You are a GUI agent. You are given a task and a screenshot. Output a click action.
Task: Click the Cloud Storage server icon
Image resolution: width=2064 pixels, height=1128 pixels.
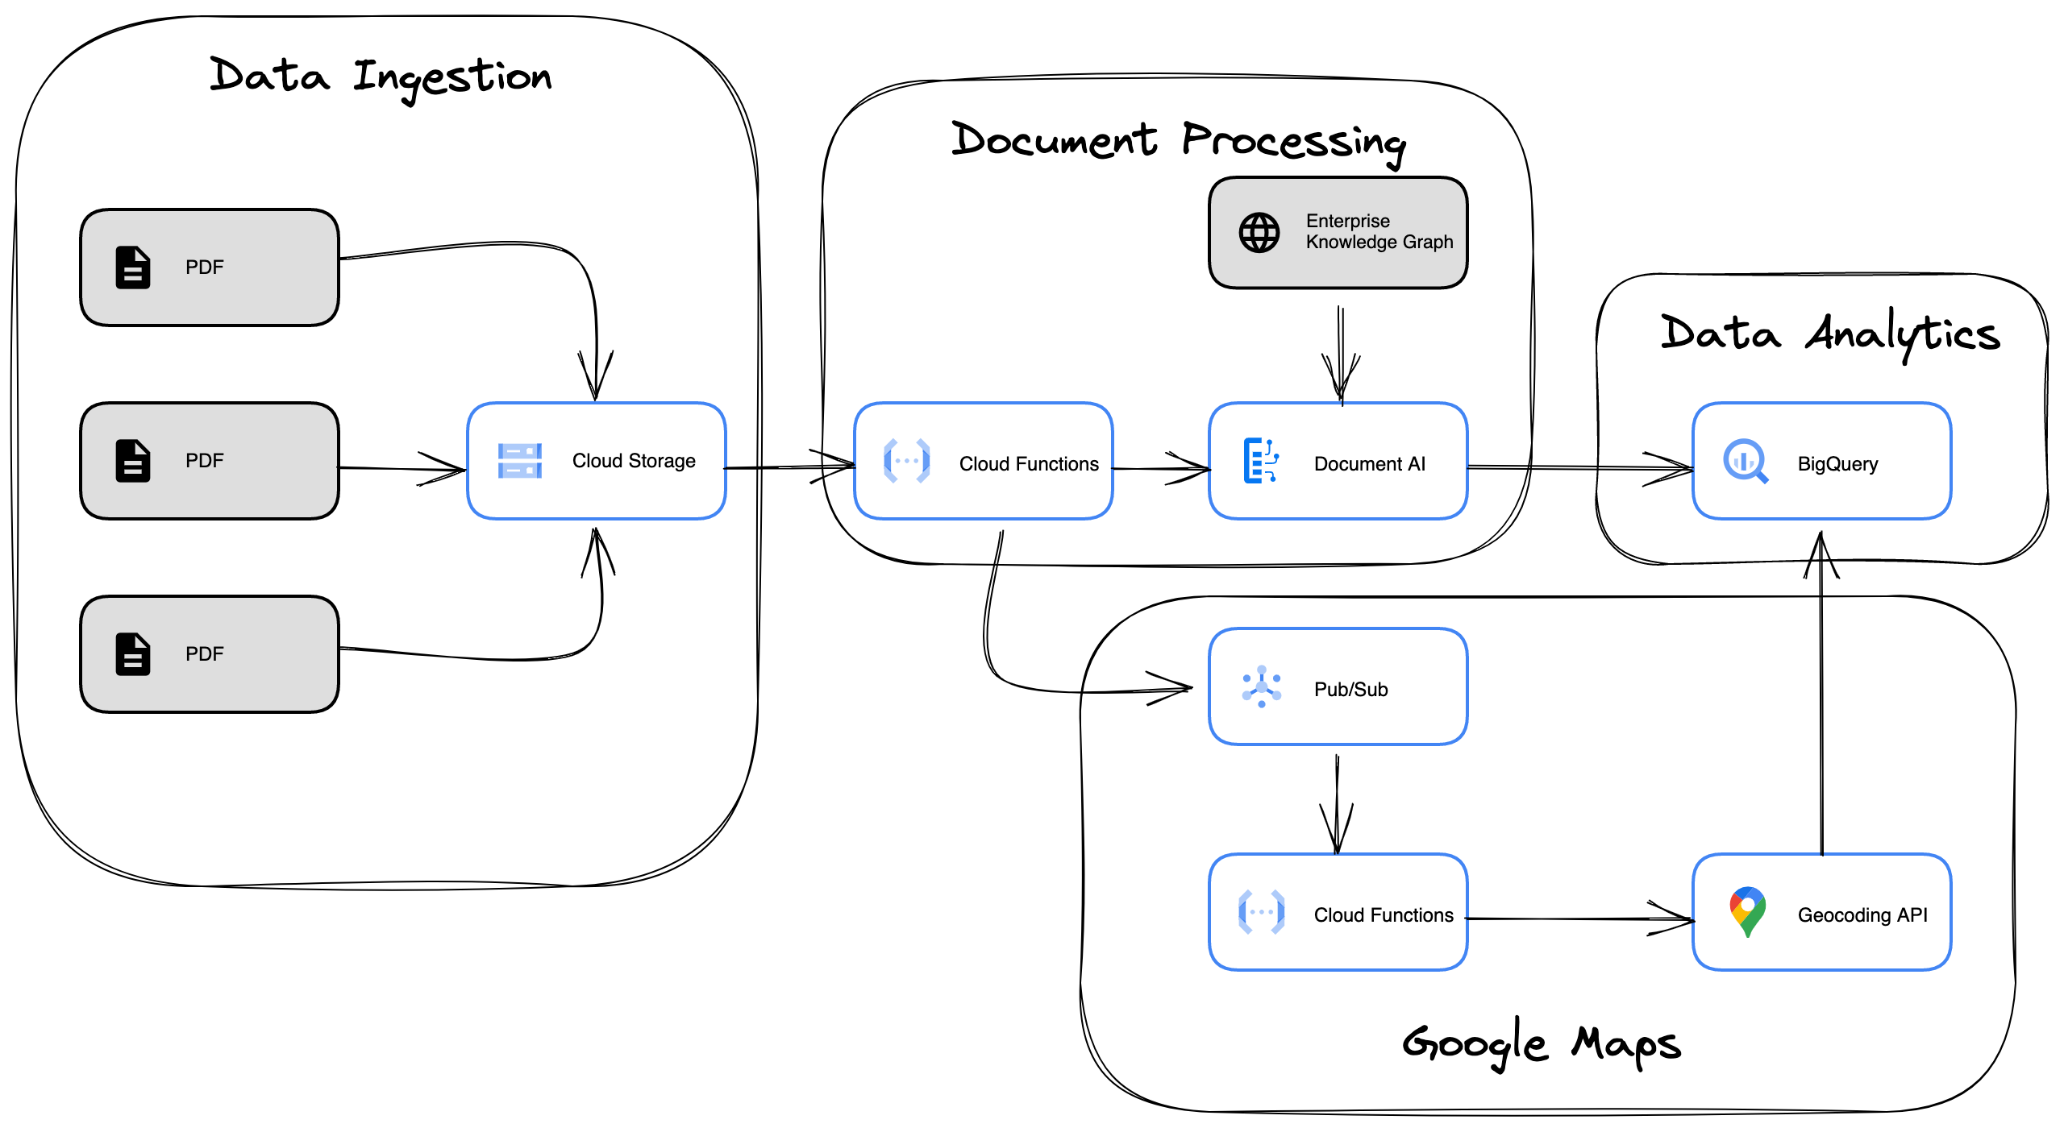click(x=520, y=461)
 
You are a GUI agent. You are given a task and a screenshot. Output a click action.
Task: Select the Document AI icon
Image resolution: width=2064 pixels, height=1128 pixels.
click(x=1261, y=461)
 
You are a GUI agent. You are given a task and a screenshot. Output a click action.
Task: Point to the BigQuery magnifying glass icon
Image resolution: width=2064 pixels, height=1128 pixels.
click(x=1746, y=461)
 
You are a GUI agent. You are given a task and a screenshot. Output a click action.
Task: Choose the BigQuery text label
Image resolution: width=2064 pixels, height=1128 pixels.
click(x=1837, y=464)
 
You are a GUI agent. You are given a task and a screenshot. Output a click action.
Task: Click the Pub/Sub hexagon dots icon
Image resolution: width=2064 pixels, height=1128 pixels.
click(x=1262, y=686)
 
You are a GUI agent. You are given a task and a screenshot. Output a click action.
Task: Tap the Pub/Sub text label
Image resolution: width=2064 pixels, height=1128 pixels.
click(x=1350, y=690)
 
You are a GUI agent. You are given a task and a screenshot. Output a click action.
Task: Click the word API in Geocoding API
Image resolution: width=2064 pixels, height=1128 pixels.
click(x=1912, y=915)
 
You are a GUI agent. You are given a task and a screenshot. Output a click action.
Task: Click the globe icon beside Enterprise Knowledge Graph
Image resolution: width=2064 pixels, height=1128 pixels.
click(x=1259, y=233)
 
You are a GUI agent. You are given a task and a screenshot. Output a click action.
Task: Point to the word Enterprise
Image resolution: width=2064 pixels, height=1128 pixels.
click(x=1348, y=221)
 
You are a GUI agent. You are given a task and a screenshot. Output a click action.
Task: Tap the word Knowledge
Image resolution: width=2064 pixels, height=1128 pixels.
click(x=1351, y=242)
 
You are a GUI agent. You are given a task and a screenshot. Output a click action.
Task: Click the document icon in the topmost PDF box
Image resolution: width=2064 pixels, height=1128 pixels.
click(x=133, y=267)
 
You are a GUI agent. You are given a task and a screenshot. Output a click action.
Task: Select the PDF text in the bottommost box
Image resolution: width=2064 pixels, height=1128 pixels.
click(x=205, y=654)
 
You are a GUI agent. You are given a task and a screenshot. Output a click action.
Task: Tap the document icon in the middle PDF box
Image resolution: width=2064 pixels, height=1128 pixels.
click(x=133, y=461)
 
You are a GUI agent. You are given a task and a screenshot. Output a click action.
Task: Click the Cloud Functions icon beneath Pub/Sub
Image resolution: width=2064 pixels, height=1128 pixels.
click(x=1262, y=912)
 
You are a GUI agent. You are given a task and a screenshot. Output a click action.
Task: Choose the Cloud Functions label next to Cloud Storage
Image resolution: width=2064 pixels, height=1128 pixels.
click(x=1029, y=464)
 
